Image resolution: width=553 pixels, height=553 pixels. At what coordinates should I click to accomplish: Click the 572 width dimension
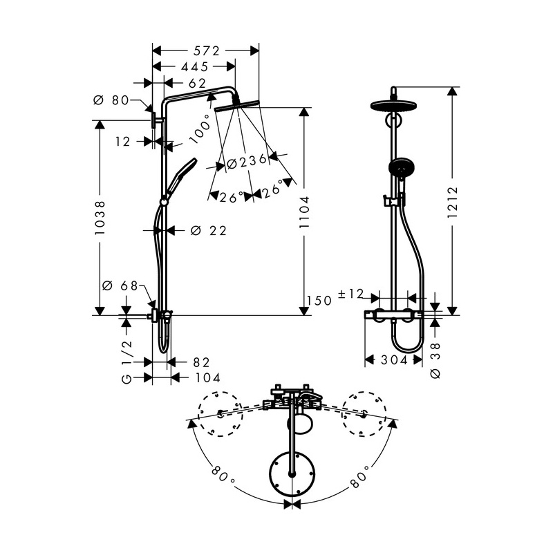206,51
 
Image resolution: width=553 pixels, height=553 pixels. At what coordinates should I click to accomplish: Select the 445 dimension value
195,66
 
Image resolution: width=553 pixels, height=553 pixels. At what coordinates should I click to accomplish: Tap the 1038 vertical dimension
100,218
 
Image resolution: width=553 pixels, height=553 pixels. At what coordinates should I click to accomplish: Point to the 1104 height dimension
304,212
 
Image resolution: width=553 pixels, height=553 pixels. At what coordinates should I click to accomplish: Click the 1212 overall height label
452,202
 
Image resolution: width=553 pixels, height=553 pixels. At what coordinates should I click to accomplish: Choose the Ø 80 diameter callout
111,100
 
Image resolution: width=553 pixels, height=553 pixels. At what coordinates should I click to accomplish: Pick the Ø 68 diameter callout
120,285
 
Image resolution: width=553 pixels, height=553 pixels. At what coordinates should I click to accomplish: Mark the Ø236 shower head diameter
247,162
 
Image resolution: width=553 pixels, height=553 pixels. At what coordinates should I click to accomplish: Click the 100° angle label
200,129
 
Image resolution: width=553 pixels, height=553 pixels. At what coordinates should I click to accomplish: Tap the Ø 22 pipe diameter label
209,231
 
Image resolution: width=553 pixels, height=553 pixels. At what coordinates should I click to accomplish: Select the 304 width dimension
394,360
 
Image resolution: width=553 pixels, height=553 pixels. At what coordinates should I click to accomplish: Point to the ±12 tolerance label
350,294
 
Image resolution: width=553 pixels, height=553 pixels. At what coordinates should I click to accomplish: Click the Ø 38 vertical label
436,360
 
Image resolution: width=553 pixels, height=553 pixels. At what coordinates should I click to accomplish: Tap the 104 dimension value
208,378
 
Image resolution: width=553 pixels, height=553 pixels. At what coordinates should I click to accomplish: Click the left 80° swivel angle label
223,475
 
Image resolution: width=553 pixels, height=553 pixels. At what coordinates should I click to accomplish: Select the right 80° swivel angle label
359,476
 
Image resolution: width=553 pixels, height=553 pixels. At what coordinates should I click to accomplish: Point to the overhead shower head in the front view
394,105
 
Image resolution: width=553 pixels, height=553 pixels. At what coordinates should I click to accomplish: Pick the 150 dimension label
319,301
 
